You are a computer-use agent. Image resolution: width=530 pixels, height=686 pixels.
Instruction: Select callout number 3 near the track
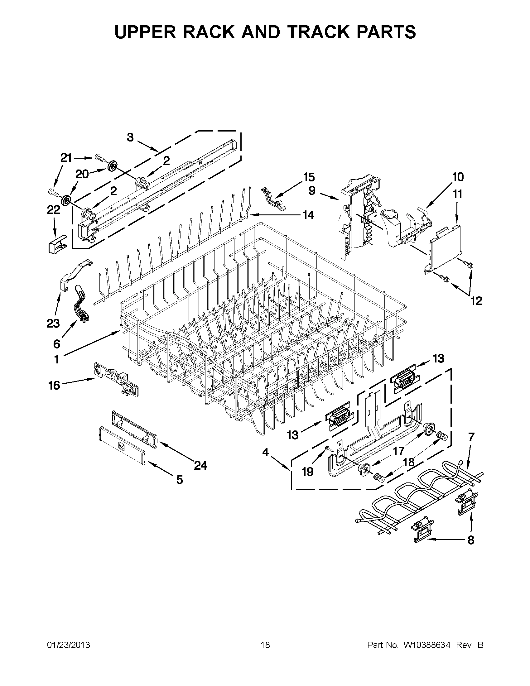coord(130,137)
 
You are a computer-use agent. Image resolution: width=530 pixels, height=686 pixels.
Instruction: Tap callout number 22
coord(53,210)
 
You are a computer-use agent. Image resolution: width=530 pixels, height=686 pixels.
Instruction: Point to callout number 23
coord(53,323)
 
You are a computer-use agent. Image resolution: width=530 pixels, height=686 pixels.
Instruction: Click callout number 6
coord(56,344)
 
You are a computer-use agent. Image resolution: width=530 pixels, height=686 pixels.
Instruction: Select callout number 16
coord(54,385)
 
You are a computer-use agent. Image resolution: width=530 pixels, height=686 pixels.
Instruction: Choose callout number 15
coord(309,177)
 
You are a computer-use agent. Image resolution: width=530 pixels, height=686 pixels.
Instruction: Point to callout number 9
coord(312,191)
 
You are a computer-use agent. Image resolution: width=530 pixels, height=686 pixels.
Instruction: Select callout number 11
coord(457,194)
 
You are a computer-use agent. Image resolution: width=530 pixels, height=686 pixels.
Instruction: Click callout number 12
coord(476,301)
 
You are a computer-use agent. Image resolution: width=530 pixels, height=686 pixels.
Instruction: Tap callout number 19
coord(308,472)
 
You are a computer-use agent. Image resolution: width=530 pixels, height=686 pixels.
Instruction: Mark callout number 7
coord(471,437)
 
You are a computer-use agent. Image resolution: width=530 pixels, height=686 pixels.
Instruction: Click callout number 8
coord(471,540)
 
